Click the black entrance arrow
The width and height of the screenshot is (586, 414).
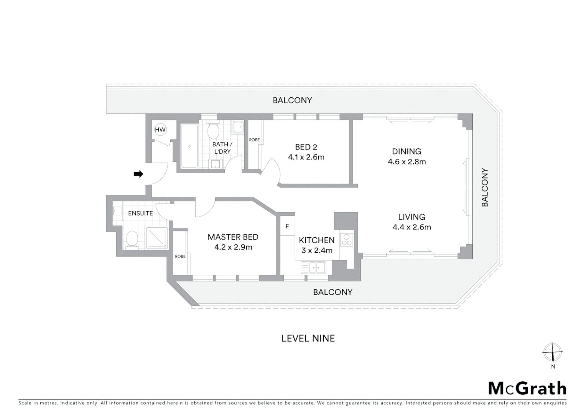pyautogui.click(x=138, y=174)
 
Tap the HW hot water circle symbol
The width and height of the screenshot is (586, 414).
pyautogui.click(x=160, y=130)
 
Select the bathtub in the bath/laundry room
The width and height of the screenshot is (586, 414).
pyautogui.click(x=189, y=146)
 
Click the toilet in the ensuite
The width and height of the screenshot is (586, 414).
pyautogui.click(x=132, y=239)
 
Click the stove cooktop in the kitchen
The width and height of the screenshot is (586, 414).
pyautogui.click(x=347, y=240)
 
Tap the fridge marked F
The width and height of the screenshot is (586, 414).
pyautogui.click(x=287, y=227)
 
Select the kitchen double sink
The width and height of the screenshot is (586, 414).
pyautogui.click(x=313, y=267)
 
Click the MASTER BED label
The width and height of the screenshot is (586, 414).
pyautogui.click(x=233, y=237)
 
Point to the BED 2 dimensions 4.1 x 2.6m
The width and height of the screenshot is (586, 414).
pyautogui.click(x=306, y=157)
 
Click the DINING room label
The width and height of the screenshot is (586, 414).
pyautogui.click(x=407, y=151)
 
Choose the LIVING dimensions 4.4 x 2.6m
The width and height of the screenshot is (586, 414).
pyautogui.click(x=412, y=227)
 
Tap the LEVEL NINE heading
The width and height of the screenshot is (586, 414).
pyautogui.click(x=308, y=338)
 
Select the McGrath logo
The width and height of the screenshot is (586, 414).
pyautogui.click(x=527, y=388)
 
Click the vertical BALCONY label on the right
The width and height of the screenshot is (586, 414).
pyautogui.click(x=485, y=187)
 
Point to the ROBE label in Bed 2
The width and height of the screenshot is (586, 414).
pyautogui.click(x=254, y=140)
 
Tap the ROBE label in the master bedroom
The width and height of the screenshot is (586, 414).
pyautogui.click(x=180, y=256)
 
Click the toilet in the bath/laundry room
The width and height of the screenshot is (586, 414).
pyautogui.click(x=213, y=131)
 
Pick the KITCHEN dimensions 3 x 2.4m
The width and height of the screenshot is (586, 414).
pyautogui.click(x=316, y=251)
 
